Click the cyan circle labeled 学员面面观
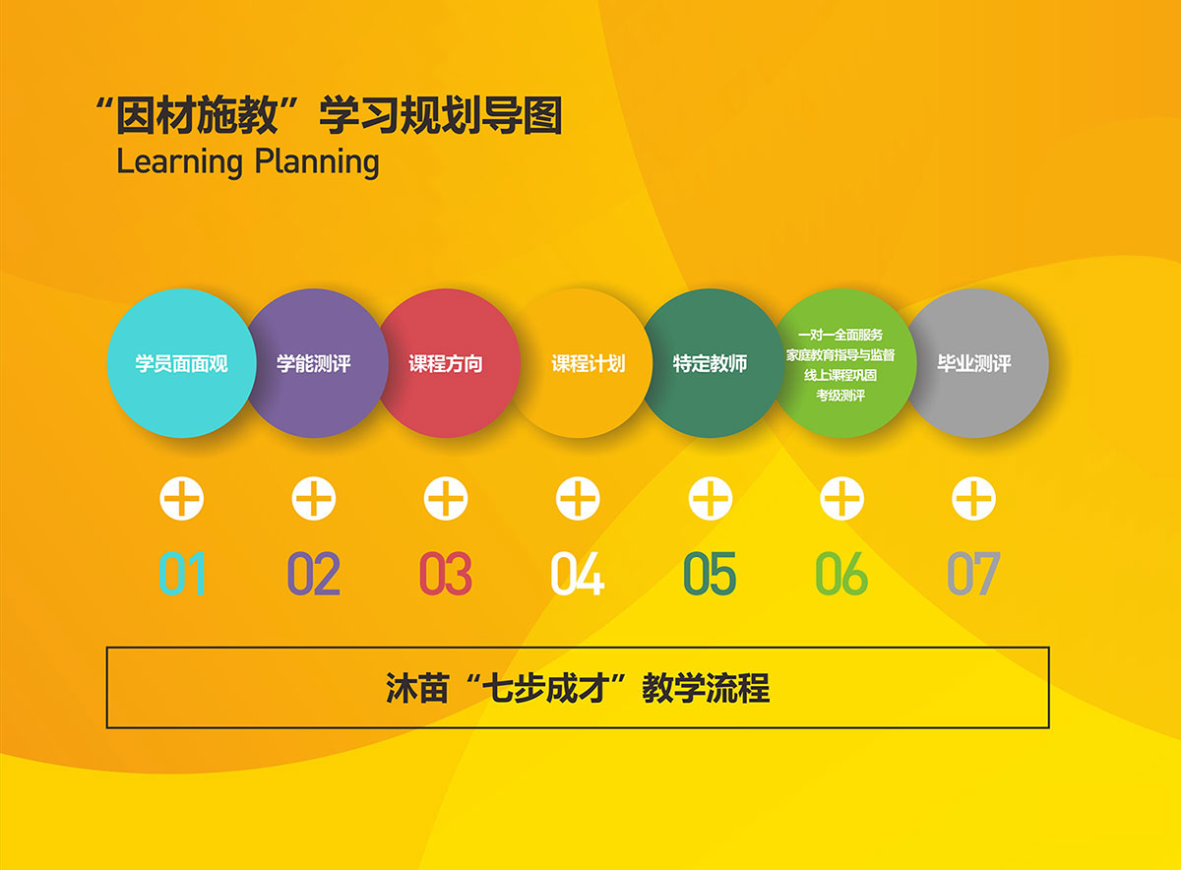(181, 363)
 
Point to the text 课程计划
(589, 363)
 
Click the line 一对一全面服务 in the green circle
(840, 335)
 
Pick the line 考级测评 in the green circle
(840, 395)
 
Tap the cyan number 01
(182, 573)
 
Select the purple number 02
(314, 573)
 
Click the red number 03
(446, 573)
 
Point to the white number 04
(578, 573)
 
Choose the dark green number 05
(710, 573)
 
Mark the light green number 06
(841, 573)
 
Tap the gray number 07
(973, 573)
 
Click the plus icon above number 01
(182, 498)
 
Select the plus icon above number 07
(973, 498)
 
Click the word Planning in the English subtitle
(317, 162)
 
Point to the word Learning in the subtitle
(180, 162)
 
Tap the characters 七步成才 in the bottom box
(547, 688)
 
